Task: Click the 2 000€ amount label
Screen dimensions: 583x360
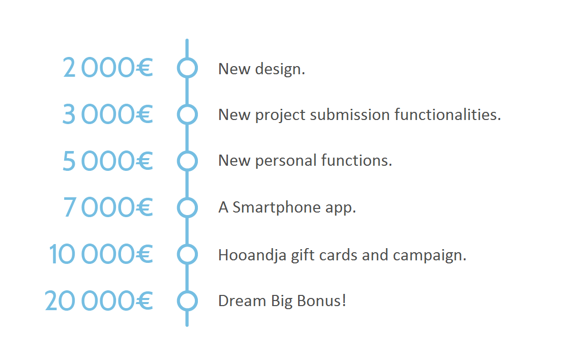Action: click(108, 68)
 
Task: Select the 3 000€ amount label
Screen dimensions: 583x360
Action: click(107, 114)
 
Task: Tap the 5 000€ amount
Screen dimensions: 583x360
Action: click(107, 161)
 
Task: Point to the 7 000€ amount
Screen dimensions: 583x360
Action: click(108, 207)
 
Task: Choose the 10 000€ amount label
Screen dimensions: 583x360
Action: click(101, 254)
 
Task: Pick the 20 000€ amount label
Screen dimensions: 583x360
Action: click(99, 301)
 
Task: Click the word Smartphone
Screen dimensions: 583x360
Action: click(276, 207)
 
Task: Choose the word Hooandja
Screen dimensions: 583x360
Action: click(252, 256)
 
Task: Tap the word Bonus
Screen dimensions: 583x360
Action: click(322, 301)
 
